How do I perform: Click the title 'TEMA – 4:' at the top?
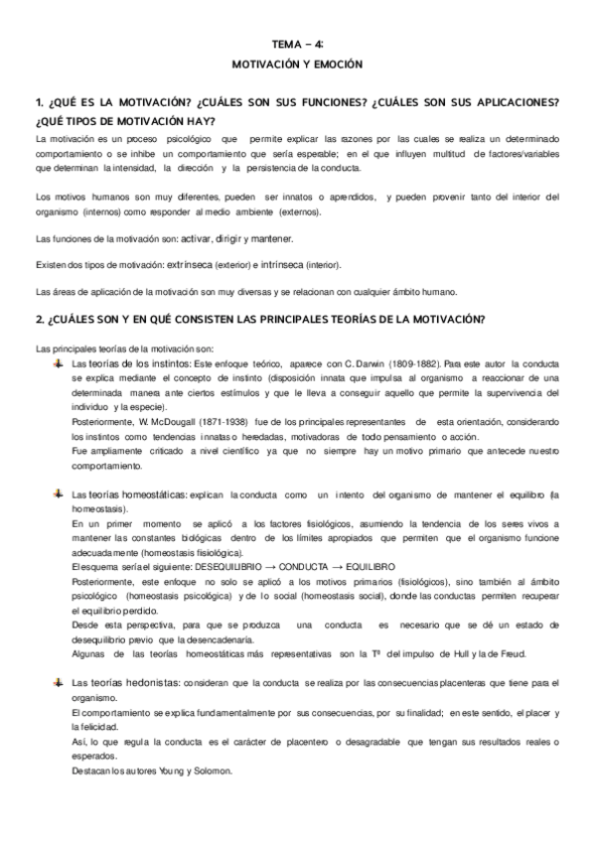coord(297,44)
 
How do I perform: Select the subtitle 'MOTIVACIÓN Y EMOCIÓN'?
coord(297,64)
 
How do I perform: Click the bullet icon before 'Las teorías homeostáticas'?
coord(60,493)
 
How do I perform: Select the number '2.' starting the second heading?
coord(39,319)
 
